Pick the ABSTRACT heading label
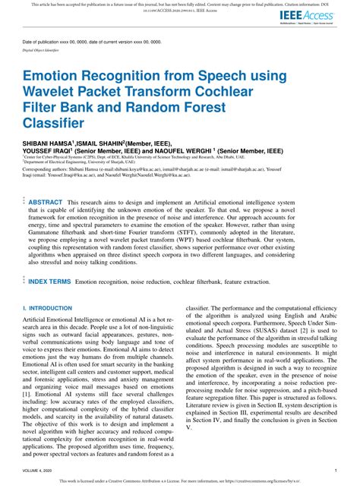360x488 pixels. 45,203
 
